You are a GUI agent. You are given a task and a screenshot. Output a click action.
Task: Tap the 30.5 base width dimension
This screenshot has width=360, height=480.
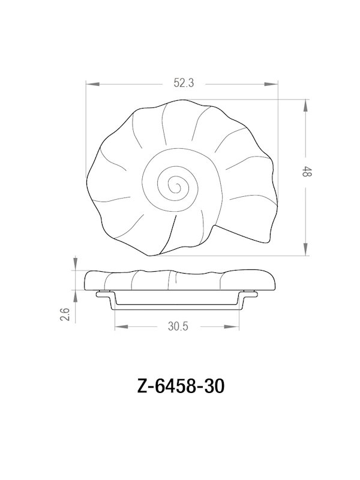(x=178, y=327)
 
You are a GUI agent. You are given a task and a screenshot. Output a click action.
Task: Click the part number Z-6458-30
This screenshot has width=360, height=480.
(x=180, y=386)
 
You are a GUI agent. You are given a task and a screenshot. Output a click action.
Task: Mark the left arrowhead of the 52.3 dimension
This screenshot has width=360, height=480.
(x=90, y=84)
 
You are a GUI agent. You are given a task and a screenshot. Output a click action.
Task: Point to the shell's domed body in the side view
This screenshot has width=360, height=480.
(x=180, y=280)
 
